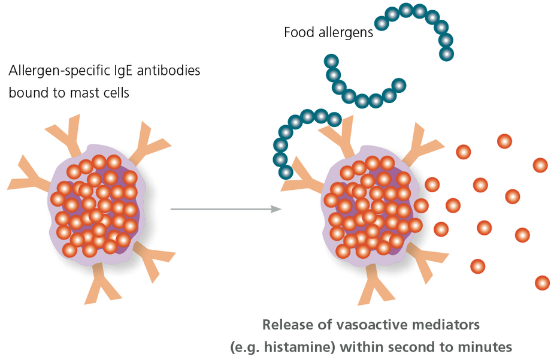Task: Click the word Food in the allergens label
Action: [299, 32]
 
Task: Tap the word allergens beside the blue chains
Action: [345, 32]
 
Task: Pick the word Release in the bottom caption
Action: [283, 325]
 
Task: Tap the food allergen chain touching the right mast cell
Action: [293, 135]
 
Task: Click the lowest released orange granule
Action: [542, 282]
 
